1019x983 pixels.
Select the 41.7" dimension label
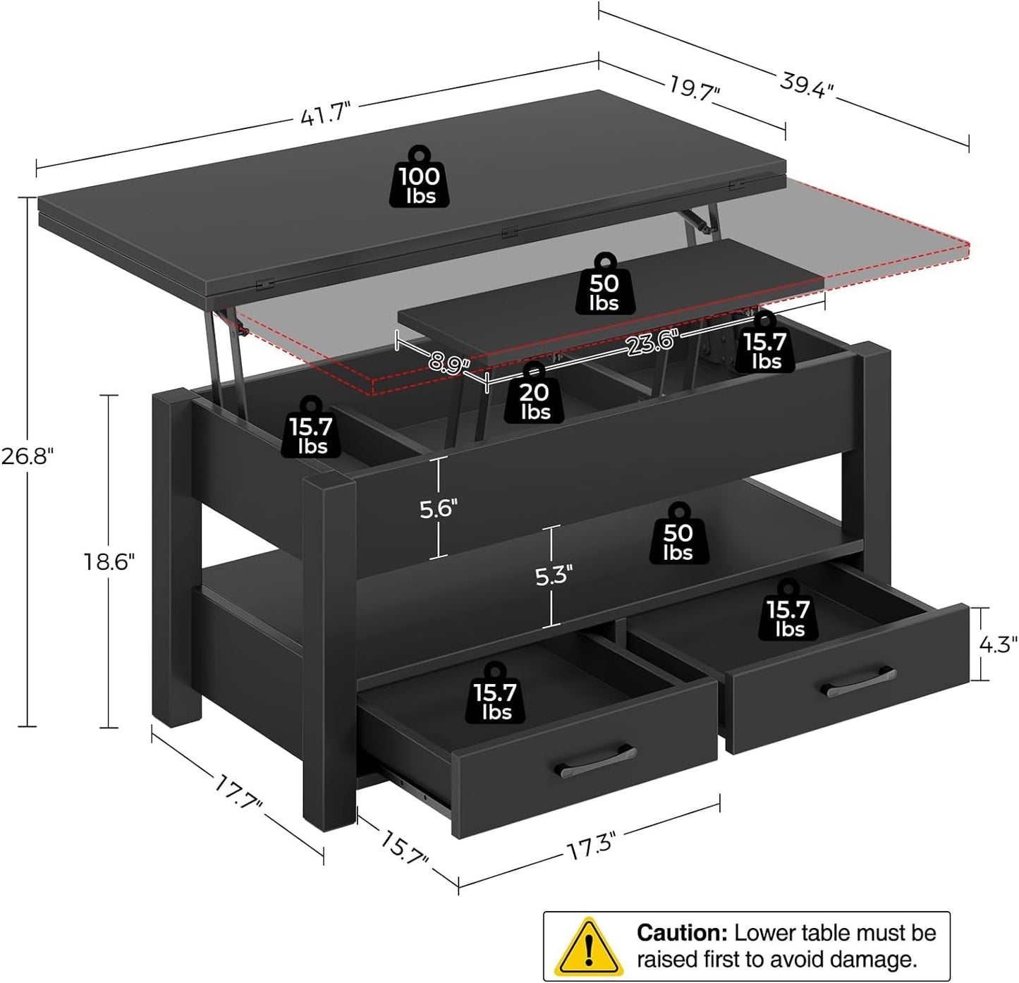325,113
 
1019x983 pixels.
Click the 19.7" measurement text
694,87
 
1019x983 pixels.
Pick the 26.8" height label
27,456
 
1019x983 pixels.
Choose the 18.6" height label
109,561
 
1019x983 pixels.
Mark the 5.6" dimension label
439,508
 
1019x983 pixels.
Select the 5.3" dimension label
551,575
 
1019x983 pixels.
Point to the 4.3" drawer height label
998,644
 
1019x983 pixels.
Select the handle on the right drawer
860,682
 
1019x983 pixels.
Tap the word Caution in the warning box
681,933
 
